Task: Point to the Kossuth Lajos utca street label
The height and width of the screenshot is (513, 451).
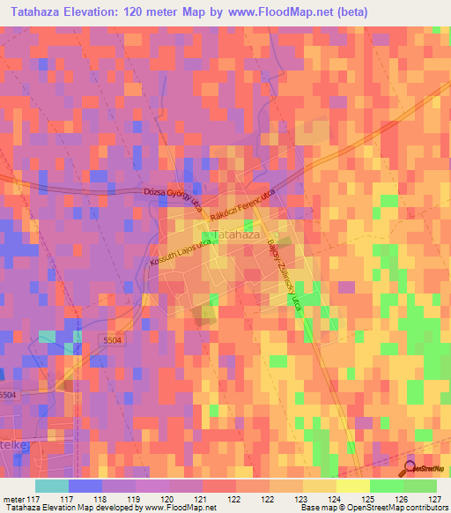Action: tap(178, 254)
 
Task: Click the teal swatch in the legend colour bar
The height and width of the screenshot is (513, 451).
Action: tap(52, 485)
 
